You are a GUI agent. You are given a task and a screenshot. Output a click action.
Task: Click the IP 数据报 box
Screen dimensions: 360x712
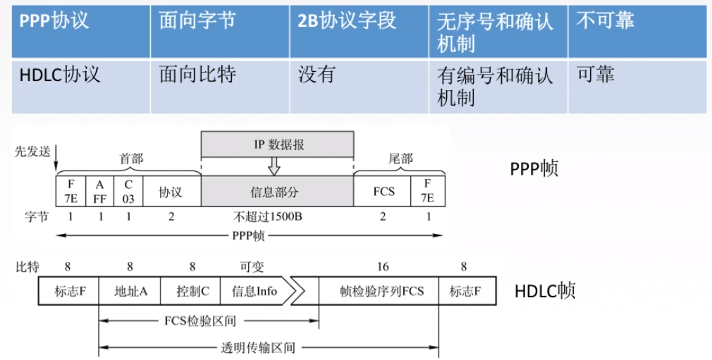tap(277, 144)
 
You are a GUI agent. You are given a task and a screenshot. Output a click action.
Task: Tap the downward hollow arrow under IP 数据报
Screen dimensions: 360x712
tap(274, 166)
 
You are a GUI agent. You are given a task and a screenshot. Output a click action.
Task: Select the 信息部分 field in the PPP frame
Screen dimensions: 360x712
tap(277, 192)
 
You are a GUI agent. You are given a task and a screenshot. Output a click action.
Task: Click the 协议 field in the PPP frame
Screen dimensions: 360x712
tap(171, 192)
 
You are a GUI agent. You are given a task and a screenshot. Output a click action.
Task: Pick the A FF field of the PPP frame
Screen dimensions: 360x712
tap(99, 192)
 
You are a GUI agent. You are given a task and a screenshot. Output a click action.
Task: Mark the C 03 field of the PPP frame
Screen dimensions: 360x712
tap(128, 192)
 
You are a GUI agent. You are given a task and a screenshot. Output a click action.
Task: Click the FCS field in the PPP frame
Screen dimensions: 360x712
tap(383, 192)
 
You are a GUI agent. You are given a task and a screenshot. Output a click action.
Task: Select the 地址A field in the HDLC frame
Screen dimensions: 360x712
tap(130, 290)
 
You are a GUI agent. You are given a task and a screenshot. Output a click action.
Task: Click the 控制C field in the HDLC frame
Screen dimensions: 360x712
tap(190, 290)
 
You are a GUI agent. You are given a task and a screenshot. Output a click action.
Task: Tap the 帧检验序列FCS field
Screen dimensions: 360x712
tap(381, 290)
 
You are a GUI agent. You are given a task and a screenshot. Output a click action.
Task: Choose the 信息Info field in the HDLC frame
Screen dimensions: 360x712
tap(254, 290)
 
